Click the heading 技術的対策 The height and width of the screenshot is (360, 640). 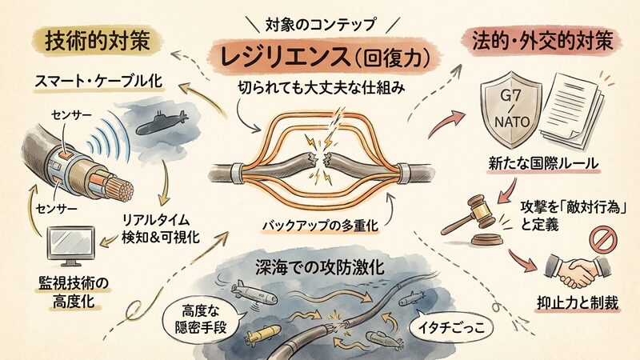[x=98, y=42]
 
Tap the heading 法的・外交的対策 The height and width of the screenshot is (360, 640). [x=542, y=42]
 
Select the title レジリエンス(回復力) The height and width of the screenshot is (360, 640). [x=326, y=57]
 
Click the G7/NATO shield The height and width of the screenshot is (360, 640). [x=511, y=110]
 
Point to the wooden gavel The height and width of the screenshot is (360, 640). [x=474, y=219]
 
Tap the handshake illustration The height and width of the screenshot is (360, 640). [x=578, y=270]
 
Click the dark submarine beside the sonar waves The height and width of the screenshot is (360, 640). [x=162, y=122]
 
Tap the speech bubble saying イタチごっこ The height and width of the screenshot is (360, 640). [x=451, y=327]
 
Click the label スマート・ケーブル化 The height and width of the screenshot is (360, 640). [x=98, y=82]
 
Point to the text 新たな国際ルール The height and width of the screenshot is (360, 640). [x=543, y=164]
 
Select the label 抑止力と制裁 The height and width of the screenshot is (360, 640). [x=578, y=303]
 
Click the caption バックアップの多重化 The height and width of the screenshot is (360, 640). [x=321, y=226]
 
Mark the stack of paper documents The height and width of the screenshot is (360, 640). [x=571, y=110]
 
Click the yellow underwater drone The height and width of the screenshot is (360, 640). [x=265, y=333]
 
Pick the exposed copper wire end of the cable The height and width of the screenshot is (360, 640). [x=122, y=189]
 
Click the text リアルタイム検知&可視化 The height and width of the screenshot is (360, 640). [x=161, y=229]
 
